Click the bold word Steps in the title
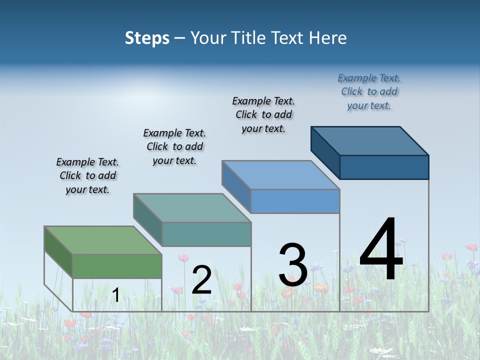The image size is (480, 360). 147,38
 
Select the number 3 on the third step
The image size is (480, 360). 293,265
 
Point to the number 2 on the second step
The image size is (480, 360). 201,280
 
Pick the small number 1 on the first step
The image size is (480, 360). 115,295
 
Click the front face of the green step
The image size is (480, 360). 117,266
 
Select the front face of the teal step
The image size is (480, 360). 206,234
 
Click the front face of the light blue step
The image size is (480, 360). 295,201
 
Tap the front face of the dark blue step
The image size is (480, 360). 384,167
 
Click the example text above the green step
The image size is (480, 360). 87,175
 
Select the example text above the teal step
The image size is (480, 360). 174,146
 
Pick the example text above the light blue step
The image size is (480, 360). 263,114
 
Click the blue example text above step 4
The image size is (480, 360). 369,91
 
